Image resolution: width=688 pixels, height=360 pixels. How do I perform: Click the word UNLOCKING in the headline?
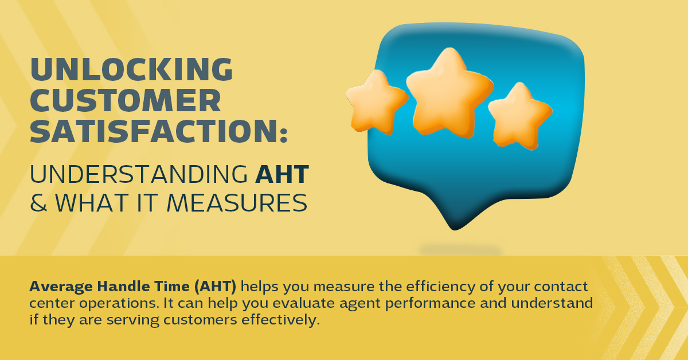pos(131,69)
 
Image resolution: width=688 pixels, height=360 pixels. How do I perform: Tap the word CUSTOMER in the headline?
pos(126,100)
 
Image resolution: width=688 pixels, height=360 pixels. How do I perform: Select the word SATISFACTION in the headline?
pos(154,131)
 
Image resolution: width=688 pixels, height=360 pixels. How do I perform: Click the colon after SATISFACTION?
pos(283,135)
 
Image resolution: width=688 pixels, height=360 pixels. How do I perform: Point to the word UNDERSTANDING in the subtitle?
pos(139,174)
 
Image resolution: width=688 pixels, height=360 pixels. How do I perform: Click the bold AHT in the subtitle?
pos(282,174)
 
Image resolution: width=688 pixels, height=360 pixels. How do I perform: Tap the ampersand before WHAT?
pos(38,203)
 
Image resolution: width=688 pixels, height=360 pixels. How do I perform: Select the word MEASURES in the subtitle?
pos(236,203)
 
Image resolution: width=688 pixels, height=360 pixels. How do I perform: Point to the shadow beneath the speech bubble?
pos(461,249)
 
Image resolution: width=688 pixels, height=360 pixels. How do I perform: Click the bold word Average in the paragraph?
pos(61,287)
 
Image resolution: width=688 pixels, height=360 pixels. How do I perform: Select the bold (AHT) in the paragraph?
pos(216,287)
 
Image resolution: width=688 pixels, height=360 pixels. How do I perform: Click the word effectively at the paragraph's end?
pos(281,320)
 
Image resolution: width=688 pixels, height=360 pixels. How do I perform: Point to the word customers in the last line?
pos(200,320)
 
